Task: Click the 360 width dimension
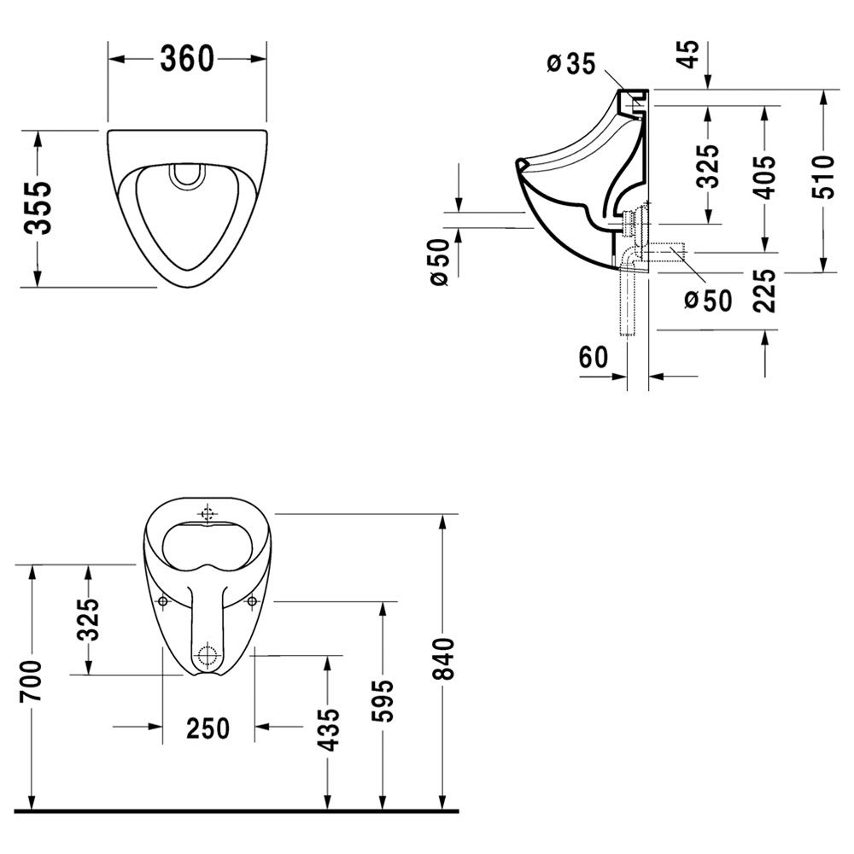(186, 59)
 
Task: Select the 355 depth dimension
(38, 208)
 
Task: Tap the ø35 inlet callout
(571, 64)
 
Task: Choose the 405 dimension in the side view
(765, 177)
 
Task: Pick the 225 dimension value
(765, 290)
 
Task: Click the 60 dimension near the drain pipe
(594, 358)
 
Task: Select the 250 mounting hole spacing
(208, 728)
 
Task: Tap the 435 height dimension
(329, 729)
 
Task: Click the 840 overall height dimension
(443, 658)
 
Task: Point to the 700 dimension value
(31, 681)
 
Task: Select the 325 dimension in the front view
(88, 619)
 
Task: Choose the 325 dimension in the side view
(708, 166)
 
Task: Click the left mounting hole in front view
(162, 600)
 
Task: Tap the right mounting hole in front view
(252, 600)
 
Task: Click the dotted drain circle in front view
(207, 654)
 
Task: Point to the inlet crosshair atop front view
(207, 513)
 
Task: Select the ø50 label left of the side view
(439, 262)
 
